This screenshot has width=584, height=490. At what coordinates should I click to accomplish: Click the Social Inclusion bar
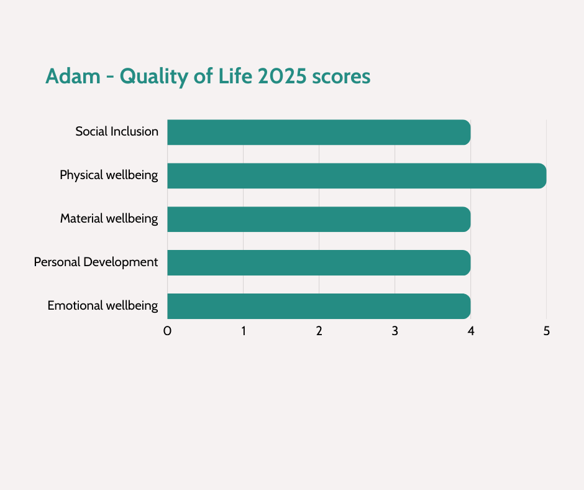319,132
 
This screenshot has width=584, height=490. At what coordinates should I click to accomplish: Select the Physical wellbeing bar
357,175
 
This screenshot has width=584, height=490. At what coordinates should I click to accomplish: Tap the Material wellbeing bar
319,219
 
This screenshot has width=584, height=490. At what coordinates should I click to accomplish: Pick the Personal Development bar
319,262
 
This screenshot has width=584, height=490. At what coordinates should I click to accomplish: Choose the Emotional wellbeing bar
319,306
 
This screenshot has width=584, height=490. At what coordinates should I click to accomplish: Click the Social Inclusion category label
117,132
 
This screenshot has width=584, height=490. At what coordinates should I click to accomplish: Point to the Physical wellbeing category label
109,175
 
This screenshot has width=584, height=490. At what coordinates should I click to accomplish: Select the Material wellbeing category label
109,219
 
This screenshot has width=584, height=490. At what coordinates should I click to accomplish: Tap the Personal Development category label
96,262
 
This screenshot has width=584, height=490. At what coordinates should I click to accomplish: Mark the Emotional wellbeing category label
103,306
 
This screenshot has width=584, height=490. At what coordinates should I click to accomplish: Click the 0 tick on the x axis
167,331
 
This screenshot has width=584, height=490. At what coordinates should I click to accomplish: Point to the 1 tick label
244,331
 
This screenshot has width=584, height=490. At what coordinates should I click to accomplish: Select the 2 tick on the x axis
319,331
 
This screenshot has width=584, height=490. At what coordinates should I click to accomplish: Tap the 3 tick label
395,331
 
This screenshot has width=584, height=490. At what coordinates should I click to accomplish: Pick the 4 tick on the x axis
471,331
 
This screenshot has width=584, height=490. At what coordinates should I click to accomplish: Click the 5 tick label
547,331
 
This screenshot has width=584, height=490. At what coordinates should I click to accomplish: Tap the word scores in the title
341,76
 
